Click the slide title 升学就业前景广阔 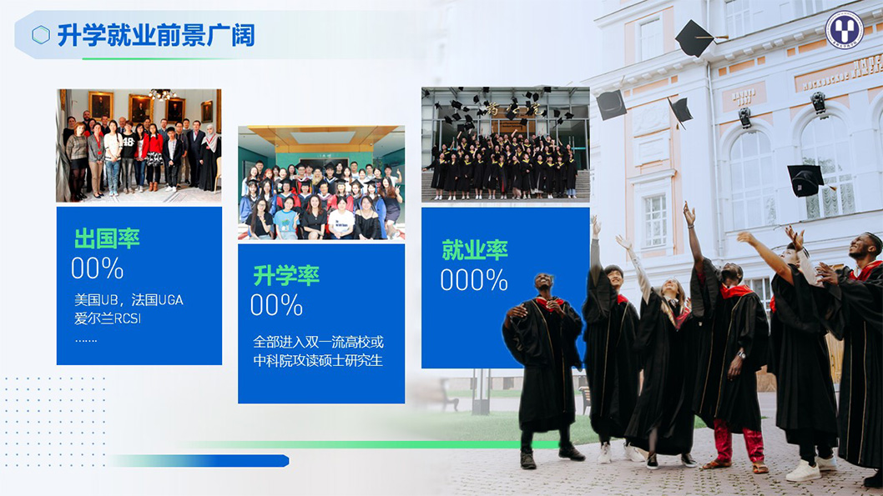[155, 35]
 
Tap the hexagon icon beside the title [41, 35]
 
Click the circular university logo [844, 29]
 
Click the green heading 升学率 [286, 274]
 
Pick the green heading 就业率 [474, 249]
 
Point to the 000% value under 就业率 [473, 280]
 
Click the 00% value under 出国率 [97, 268]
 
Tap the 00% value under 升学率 [276, 304]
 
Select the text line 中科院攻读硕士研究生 [317, 360]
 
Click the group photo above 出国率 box [139, 145]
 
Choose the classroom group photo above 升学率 [321, 183]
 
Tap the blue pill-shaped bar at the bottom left [200, 461]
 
